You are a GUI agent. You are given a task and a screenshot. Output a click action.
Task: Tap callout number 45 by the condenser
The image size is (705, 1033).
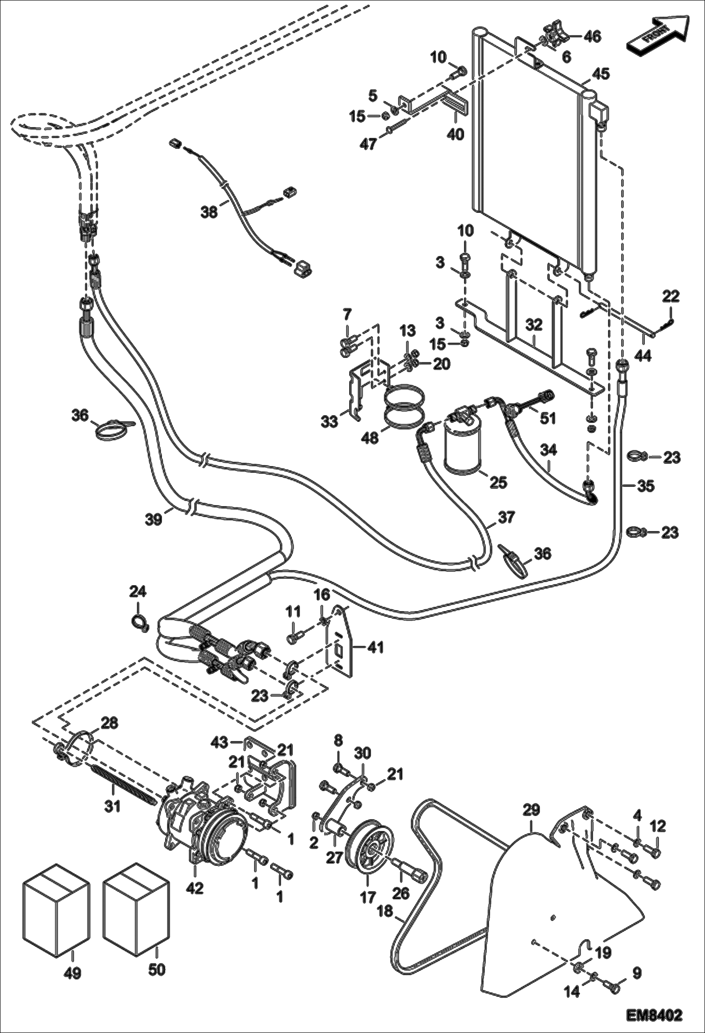click(x=601, y=74)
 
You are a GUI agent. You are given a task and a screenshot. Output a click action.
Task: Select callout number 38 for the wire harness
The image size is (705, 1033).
click(x=209, y=212)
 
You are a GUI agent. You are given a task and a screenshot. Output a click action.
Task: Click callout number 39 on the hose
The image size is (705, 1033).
click(x=154, y=518)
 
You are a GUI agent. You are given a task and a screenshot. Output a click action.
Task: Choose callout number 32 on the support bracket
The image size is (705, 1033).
click(x=534, y=325)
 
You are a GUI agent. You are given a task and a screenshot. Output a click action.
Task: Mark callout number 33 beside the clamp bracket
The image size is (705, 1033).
click(x=329, y=421)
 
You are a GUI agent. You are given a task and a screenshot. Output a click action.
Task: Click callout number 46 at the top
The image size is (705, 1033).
click(x=592, y=36)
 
